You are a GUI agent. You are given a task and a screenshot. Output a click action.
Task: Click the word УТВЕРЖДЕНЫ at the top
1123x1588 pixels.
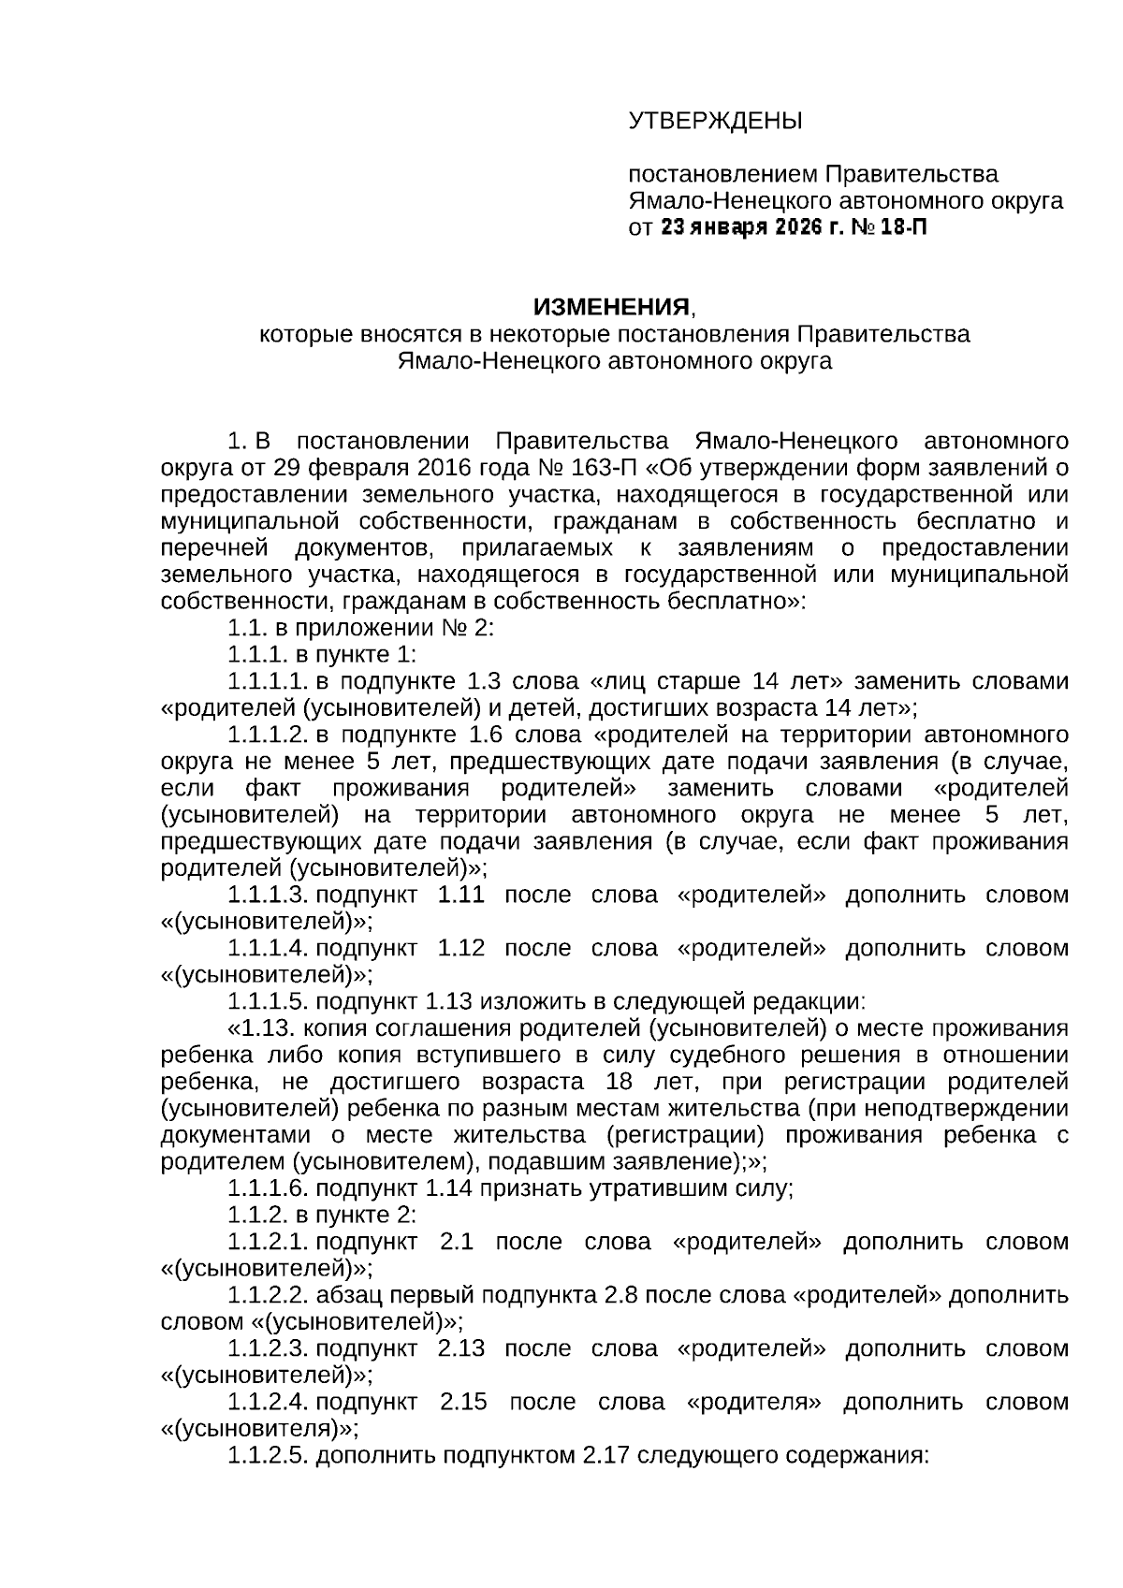[715, 121]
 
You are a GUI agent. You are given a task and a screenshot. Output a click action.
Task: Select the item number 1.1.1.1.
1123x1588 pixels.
[267, 681]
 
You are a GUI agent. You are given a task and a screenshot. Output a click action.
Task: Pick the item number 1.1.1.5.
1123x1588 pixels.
[267, 1002]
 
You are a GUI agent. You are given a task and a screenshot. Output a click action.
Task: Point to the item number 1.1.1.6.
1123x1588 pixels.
[267, 1189]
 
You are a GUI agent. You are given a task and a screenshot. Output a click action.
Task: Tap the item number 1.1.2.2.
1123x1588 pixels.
[267, 1296]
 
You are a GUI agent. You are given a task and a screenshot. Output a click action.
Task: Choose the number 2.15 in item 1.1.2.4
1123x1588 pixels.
[465, 1403]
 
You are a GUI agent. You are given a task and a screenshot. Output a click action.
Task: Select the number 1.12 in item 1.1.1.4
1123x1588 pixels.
[461, 948]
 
